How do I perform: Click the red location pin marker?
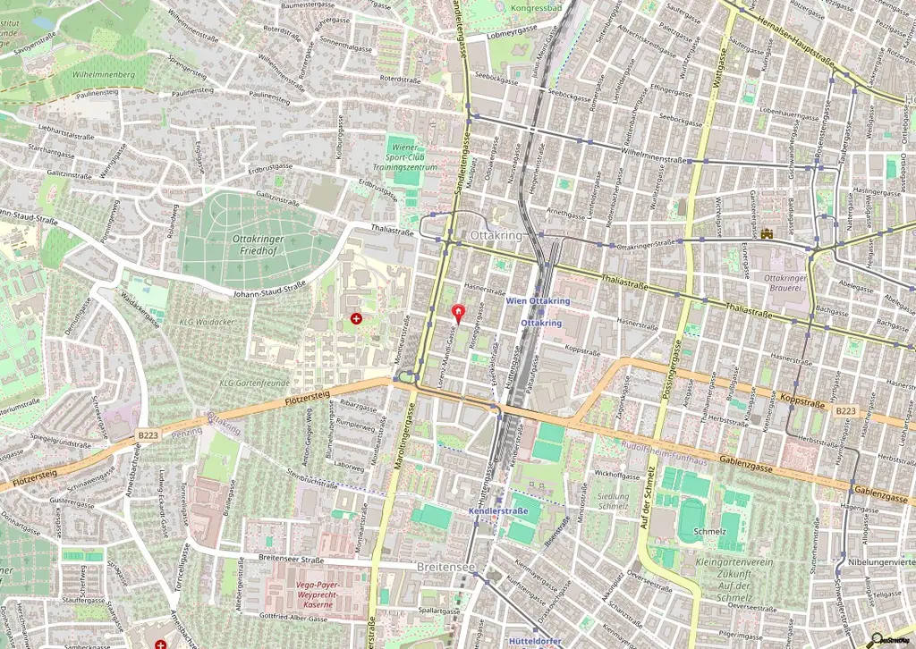click(x=460, y=314)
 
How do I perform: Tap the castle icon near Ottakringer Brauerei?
click(x=768, y=234)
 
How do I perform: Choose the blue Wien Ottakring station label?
click(x=538, y=301)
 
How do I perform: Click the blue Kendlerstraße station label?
click(x=498, y=511)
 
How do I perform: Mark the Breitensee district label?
click(x=445, y=567)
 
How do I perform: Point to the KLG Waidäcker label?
click(x=200, y=322)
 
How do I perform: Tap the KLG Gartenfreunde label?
click(x=255, y=383)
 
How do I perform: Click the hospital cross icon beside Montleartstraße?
click(x=357, y=318)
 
